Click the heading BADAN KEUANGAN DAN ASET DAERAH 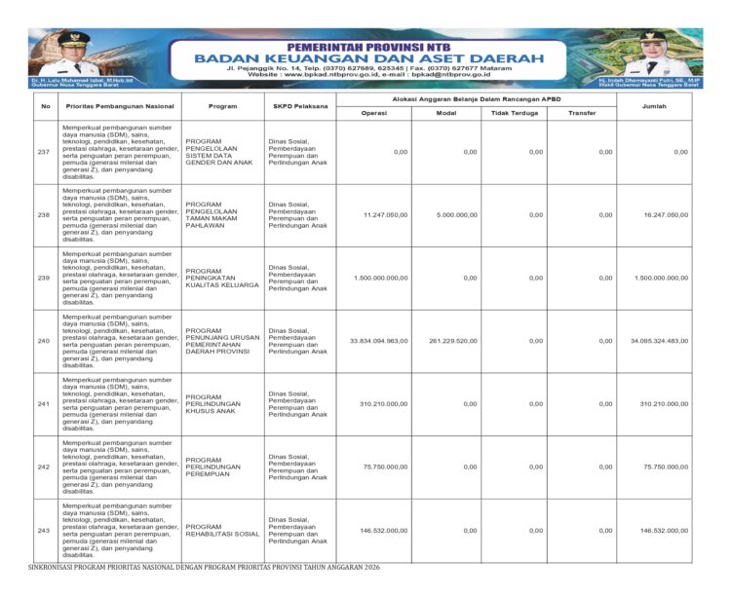click(368, 58)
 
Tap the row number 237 click(44, 152)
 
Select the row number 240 click(44, 341)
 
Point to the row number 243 click(44, 530)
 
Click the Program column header click(222, 105)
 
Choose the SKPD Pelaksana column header click(300, 105)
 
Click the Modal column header click(445, 113)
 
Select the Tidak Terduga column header click(513, 113)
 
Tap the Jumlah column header click(654, 105)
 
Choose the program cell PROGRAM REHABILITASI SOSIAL click(222, 530)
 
